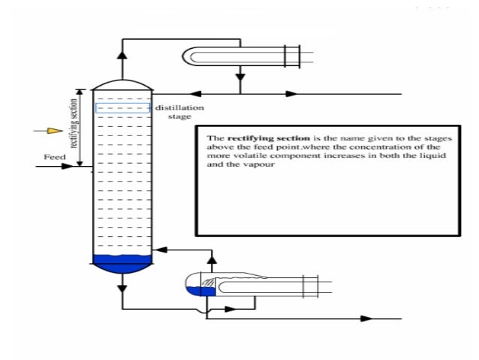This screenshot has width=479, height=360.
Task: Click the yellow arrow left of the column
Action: pyautogui.click(x=52, y=131)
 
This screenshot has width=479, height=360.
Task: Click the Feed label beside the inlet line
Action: pyautogui.click(x=54, y=158)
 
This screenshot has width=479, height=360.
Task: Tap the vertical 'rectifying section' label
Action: pyautogui.click(x=74, y=127)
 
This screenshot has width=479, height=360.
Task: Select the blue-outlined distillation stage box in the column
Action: pyautogui.click(x=122, y=108)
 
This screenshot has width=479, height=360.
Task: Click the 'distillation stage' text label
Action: pyautogui.click(x=179, y=113)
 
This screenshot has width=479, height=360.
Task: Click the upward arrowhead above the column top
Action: pyautogui.click(x=122, y=55)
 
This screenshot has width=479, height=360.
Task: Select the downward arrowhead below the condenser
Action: pyautogui.click(x=239, y=77)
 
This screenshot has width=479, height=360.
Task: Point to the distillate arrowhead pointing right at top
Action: pyautogui.click(x=291, y=94)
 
